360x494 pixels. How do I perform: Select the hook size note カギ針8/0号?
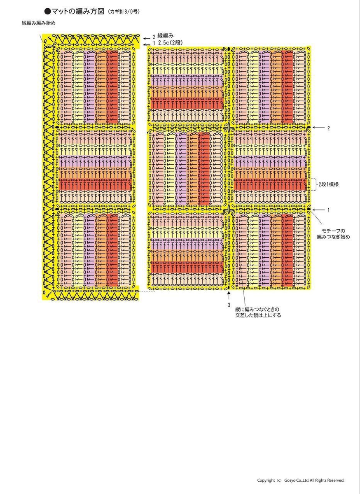(x=124, y=12)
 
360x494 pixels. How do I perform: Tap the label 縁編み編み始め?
(x=38, y=23)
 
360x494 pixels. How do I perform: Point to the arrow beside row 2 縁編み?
(x=147, y=37)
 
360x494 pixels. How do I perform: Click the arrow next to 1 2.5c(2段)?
(x=147, y=43)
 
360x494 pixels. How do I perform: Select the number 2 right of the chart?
(x=328, y=128)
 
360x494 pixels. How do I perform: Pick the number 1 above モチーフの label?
(x=328, y=210)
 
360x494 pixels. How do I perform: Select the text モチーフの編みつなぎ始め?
(x=333, y=233)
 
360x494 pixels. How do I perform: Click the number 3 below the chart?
(x=229, y=305)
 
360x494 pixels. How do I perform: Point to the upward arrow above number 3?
(x=229, y=296)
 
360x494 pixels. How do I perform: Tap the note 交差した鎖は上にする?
(x=258, y=315)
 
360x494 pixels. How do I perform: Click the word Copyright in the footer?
(x=266, y=480)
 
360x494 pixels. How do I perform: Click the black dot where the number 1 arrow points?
(x=309, y=210)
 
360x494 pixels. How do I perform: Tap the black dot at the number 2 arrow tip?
(x=309, y=128)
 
